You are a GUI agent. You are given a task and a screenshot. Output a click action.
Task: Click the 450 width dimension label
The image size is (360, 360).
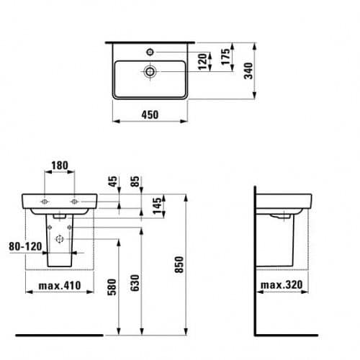(x=150, y=115)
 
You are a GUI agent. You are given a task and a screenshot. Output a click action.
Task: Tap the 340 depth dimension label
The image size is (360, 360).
(x=248, y=71)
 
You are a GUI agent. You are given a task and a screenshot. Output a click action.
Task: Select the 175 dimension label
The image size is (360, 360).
(x=225, y=57)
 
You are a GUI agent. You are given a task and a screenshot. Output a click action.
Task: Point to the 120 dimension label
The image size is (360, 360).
(x=203, y=62)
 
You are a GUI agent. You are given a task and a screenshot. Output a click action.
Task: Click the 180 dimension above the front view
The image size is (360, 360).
(x=60, y=166)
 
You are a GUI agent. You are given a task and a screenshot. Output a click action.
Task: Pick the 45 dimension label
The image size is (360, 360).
(x=113, y=181)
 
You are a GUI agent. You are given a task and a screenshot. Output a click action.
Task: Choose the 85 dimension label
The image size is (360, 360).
(x=135, y=181)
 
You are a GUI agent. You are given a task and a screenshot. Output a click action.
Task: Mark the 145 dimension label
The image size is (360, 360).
(x=158, y=206)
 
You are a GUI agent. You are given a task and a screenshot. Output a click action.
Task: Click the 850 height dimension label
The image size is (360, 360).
(x=179, y=264)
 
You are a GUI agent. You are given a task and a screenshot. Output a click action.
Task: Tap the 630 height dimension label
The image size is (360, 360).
(x=135, y=283)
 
